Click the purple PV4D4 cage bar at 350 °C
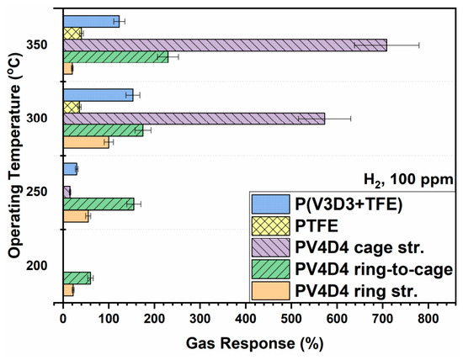point(225,45)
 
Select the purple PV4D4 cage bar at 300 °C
point(194,119)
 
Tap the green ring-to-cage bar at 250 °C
point(98,204)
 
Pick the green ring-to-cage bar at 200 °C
point(77,278)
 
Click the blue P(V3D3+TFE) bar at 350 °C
point(91,22)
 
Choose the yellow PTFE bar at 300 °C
point(72,107)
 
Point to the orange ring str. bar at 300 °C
point(86,142)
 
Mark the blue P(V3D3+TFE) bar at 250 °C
point(70,169)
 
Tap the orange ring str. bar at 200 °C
point(68,290)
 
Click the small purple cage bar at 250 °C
point(67,192)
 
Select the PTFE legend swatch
point(271,226)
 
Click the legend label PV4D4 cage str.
point(359,247)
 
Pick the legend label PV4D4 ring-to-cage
point(374,269)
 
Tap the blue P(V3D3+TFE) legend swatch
point(271,204)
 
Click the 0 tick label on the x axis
point(63,319)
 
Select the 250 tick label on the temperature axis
point(36,192)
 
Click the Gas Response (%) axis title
point(254,344)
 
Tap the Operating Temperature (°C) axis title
point(15,156)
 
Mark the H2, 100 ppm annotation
point(408,179)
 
